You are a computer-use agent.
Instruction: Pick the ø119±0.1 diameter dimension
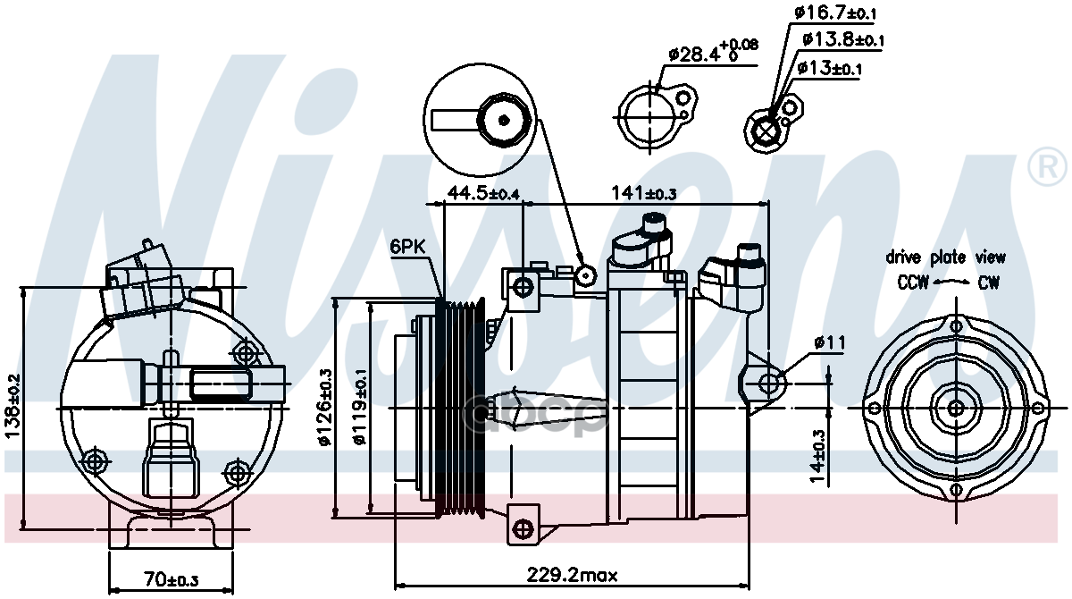point(358,407)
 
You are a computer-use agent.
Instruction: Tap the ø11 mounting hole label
point(828,342)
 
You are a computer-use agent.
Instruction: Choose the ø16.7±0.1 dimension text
point(834,13)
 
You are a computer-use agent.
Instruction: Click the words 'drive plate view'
point(945,257)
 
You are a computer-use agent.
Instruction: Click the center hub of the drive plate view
point(956,409)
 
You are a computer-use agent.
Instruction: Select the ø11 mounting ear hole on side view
point(769,384)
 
